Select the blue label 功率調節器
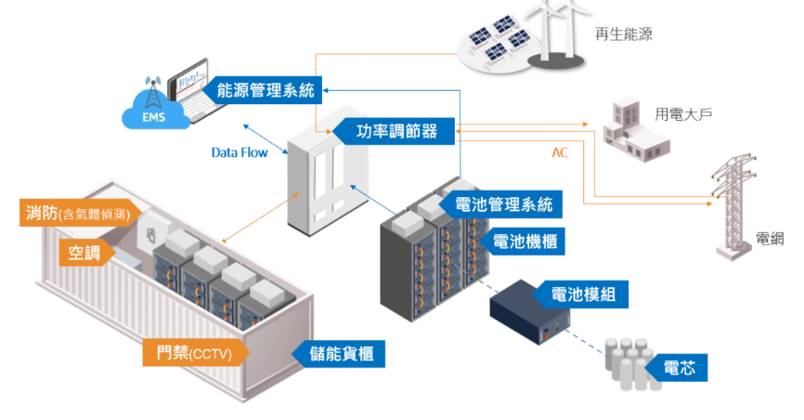(x=395, y=131)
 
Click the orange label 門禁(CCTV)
(x=193, y=352)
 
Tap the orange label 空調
(x=84, y=252)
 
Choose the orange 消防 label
(x=78, y=214)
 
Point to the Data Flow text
(x=239, y=151)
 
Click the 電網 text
(x=770, y=239)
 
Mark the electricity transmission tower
(x=733, y=209)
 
